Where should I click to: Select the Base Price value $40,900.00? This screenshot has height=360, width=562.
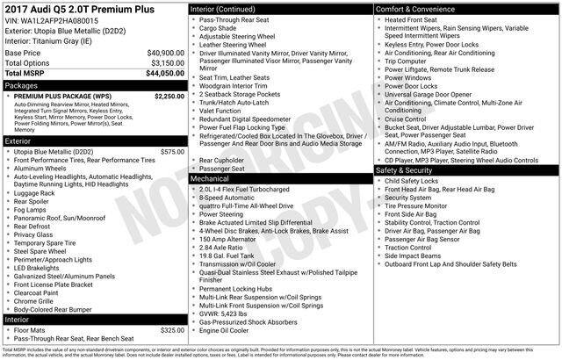[x=165, y=53]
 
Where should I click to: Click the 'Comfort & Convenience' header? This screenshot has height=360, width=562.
[x=416, y=9]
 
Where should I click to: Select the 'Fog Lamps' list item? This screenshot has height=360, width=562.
[x=32, y=209]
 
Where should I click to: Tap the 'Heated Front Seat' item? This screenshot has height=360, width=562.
[x=413, y=19]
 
